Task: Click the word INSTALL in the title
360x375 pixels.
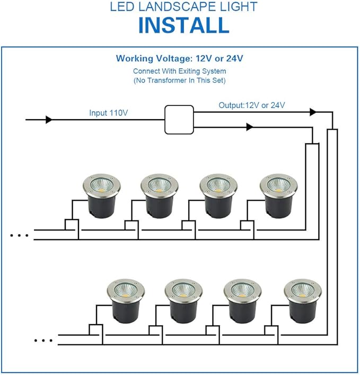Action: click(184, 25)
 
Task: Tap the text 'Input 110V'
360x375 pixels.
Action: click(109, 113)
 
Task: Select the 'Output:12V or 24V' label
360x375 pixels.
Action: click(252, 105)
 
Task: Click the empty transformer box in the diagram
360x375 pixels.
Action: click(179, 120)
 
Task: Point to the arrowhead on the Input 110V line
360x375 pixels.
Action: click(49, 120)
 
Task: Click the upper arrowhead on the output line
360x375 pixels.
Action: click(313, 112)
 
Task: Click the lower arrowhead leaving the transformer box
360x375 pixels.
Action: click(250, 127)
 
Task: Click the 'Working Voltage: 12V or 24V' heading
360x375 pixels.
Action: click(180, 58)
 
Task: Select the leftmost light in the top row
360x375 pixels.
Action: click(102, 196)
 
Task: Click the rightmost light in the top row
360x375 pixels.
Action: click(279, 196)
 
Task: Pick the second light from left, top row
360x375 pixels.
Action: click(160, 196)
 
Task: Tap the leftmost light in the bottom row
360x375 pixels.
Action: click(126, 301)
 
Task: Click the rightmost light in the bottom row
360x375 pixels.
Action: click(303, 301)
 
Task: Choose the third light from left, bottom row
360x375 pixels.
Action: click(243, 301)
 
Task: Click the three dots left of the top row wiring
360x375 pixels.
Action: click(19, 236)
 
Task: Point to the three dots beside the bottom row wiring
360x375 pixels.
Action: click(43, 341)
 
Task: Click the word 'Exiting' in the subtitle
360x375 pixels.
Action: click(189, 72)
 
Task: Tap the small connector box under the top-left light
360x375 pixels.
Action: click(72, 225)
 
